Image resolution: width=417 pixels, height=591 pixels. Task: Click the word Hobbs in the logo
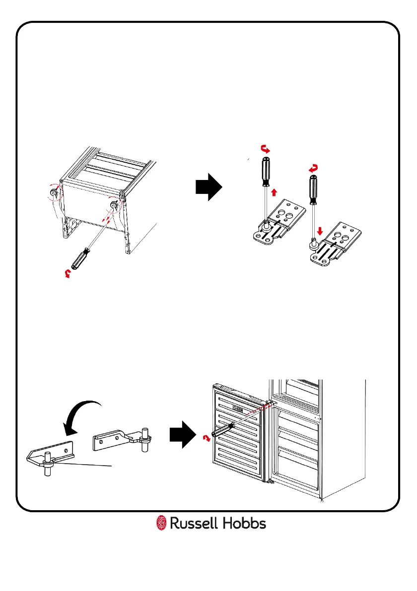(x=244, y=524)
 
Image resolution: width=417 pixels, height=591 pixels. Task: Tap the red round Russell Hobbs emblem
(x=161, y=524)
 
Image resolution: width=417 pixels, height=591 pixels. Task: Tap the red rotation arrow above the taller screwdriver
(x=266, y=148)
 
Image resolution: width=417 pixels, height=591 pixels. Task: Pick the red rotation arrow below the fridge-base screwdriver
(x=69, y=273)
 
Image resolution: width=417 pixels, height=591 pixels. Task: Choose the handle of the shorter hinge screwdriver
(x=313, y=189)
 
